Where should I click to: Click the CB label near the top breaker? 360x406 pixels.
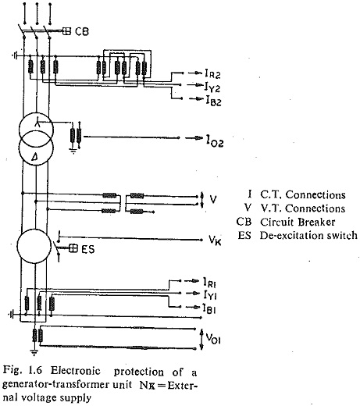pos(82,31)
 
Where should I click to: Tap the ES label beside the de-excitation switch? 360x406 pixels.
pos(88,249)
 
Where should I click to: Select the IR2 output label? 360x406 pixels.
pos(212,73)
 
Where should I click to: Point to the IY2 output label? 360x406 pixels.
pos(212,87)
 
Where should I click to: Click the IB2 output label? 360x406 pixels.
pos(214,101)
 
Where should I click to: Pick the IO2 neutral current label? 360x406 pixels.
pos(215,141)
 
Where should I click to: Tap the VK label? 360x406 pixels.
pos(215,240)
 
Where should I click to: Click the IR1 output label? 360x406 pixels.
pos(210,283)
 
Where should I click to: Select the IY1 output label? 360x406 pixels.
pos(210,295)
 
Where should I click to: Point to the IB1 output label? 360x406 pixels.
pos(209,308)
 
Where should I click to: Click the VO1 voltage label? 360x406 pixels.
pos(213,339)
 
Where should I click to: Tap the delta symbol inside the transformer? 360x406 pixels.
pos(34,156)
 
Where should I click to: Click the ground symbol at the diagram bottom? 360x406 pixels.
pos(34,353)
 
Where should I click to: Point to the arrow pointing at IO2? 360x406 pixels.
pos(194,138)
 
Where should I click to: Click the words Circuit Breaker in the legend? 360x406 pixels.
pos(298,222)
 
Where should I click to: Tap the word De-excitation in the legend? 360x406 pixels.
pos(287,235)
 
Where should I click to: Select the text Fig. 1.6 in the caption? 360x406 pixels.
pos(23,370)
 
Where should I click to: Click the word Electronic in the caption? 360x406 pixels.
pos(76,370)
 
